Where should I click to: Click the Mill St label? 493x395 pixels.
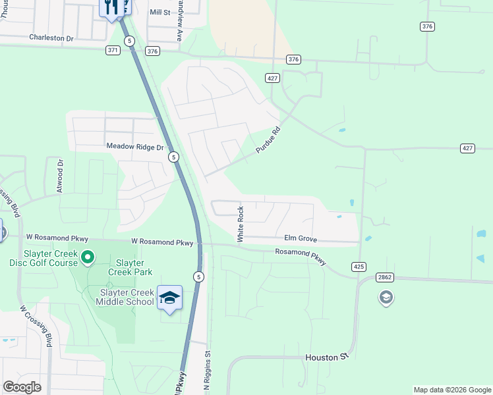(159, 13)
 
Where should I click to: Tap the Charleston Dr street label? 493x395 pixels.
(51, 38)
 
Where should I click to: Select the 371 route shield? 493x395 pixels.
(113, 50)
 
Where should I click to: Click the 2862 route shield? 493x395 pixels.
(386, 277)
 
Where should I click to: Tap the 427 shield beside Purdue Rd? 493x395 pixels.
(272, 78)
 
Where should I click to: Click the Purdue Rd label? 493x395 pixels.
(268, 140)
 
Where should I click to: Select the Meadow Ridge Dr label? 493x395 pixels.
(134, 147)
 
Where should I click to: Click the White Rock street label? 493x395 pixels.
(241, 224)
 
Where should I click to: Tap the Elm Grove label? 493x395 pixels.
(301, 238)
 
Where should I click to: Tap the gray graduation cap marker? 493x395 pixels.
(386, 298)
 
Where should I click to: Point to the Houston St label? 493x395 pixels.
(326, 357)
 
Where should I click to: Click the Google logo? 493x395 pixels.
(22, 387)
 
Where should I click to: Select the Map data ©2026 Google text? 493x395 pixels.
(451, 390)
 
